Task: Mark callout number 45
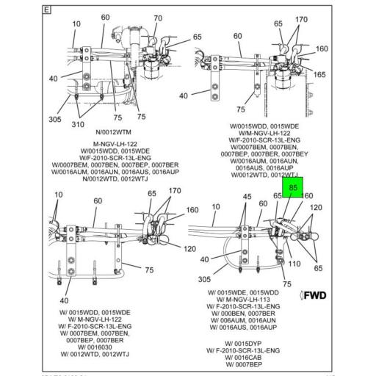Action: [247, 197]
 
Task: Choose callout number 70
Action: [158, 18]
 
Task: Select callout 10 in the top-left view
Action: [76, 24]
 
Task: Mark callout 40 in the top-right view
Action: [184, 94]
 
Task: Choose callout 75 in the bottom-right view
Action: [287, 283]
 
